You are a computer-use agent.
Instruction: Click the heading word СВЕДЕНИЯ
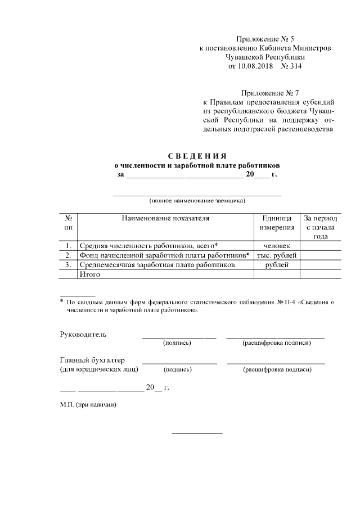pyautogui.click(x=197, y=156)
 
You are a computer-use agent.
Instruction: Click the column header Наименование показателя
pyautogui.click(x=165, y=218)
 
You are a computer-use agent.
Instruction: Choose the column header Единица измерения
pyautogui.click(x=277, y=223)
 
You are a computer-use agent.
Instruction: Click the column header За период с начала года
pyautogui.click(x=321, y=227)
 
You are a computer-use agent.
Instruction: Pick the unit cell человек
pyautogui.click(x=277, y=246)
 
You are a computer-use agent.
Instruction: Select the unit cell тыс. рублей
pyautogui.click(x=277, y=255)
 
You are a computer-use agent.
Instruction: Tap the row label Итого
pyautogui.click(x=90, y=274)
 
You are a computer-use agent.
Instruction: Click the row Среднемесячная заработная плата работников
pyautogui.click(x=157, y=264)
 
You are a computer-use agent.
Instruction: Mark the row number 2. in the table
pyautogui.click(x=68, y=255)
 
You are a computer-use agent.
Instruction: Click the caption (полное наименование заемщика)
pyautogui.click(x=197, y=201)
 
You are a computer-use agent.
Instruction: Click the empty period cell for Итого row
pyautogui.click(x=321, y=274)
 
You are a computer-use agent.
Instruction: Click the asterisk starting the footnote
pyautogui.click(x=62, y=302)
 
